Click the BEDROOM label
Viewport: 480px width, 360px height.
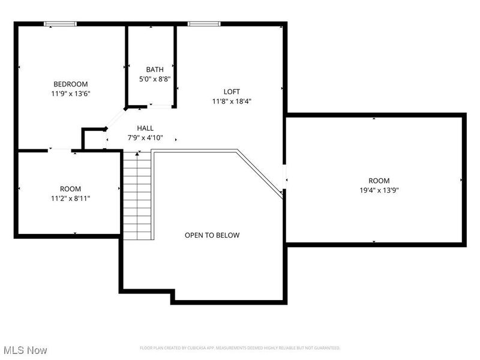71,84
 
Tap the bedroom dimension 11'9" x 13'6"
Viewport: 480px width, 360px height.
71,94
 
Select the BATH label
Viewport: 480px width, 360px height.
154,70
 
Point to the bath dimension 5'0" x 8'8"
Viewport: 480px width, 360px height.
154,79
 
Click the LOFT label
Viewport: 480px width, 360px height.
232,92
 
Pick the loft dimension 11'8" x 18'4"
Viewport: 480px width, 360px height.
232,101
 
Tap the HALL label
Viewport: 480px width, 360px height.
145,128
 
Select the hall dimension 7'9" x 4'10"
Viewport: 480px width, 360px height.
145,137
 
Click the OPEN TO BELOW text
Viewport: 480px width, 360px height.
212,235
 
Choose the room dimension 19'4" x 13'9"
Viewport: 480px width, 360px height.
379,190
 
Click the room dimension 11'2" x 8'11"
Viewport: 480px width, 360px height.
70,198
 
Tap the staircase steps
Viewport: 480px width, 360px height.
137,196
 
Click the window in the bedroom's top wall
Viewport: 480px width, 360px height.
61,24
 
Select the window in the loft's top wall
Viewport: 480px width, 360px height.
204,24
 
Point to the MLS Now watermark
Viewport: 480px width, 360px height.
25,349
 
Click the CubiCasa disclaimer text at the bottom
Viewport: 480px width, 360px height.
240,348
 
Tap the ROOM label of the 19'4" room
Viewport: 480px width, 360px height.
379,181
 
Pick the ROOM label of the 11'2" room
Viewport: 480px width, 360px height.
70,188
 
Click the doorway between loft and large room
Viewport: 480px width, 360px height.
284,178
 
